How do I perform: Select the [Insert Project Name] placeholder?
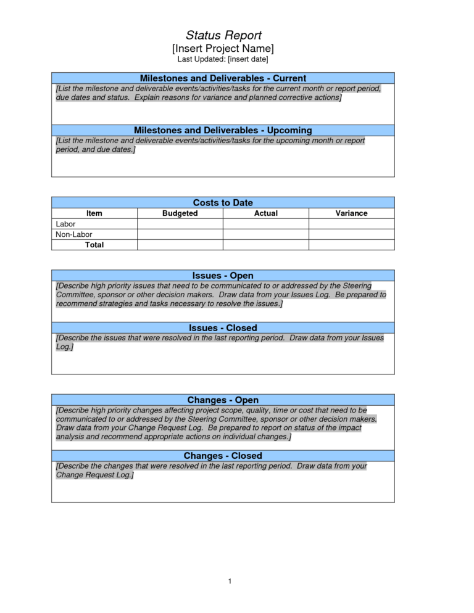223,48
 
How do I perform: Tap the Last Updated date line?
223,59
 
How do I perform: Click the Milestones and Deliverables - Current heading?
223,78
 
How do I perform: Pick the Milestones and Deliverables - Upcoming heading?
223,130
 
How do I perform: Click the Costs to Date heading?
223,202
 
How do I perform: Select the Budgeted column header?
180,213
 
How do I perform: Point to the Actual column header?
265,213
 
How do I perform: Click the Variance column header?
351,213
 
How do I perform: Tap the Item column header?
94,213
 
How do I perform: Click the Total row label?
94,245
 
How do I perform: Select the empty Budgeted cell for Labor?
180,224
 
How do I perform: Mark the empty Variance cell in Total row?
351,245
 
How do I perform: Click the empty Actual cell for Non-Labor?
265,234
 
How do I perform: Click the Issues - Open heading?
223,276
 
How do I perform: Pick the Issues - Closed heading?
223,327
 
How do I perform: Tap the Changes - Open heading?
223,400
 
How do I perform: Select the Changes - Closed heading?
223,456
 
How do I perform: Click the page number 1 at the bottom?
229,582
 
